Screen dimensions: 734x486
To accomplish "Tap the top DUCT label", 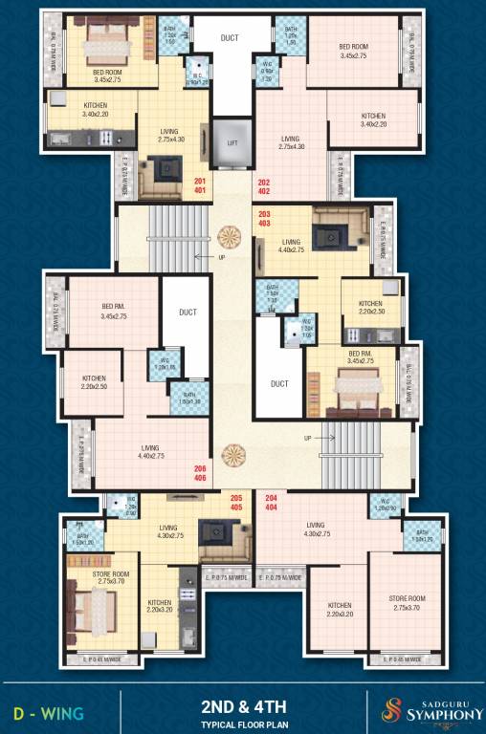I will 230,38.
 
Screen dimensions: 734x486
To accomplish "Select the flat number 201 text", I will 200,181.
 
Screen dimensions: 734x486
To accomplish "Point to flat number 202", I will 264,181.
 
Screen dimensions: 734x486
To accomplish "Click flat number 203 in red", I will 265,212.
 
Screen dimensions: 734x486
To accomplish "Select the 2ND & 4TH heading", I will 244,706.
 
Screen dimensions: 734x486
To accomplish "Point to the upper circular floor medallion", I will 231,235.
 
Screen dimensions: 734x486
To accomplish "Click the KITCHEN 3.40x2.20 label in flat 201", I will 95,110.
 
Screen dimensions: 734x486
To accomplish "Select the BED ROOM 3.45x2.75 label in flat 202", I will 353,51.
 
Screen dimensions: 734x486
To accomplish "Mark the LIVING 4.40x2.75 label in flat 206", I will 150,451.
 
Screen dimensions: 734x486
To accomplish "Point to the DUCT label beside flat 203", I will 279,383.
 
